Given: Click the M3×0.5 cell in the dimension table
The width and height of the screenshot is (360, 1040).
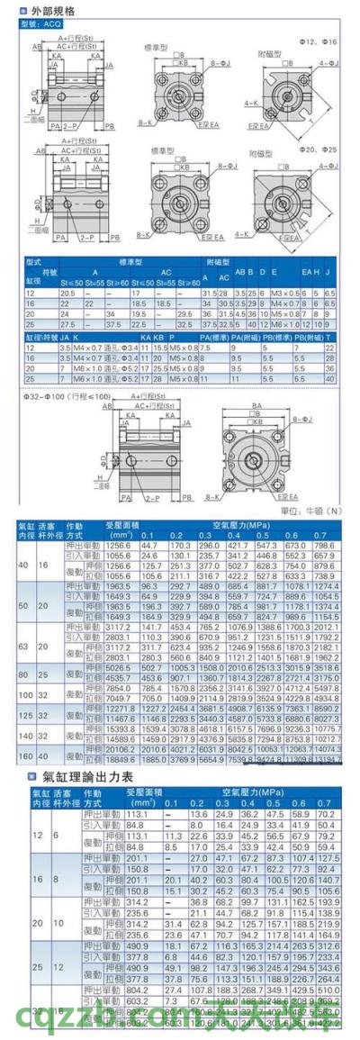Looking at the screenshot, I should tap(283, 294).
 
